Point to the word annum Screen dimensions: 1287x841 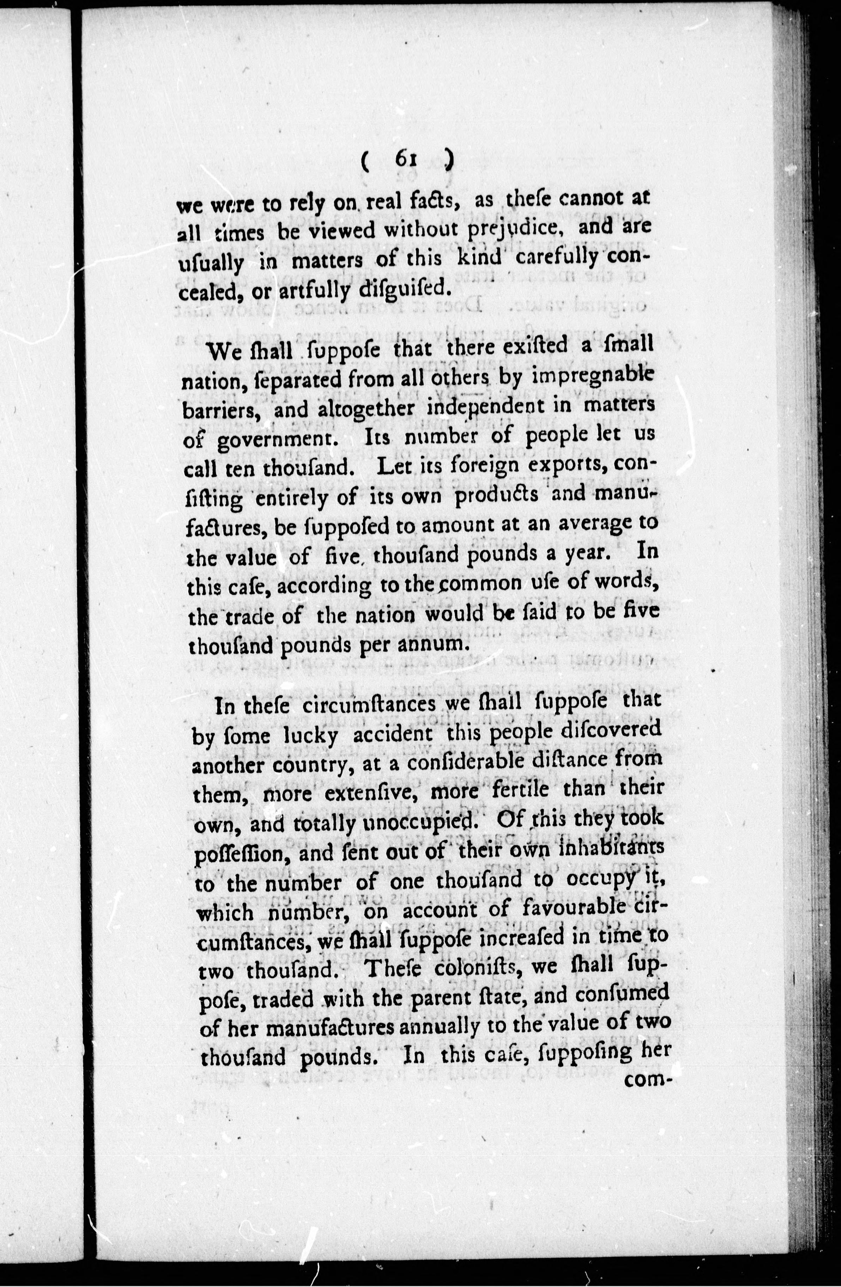430,644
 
